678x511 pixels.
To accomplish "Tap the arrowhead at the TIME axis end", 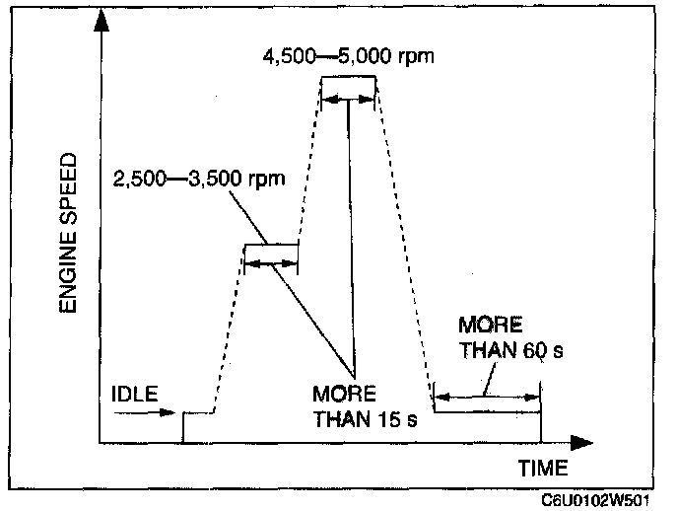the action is pos(582,442).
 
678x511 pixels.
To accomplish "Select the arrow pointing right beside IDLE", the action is pos(148,412).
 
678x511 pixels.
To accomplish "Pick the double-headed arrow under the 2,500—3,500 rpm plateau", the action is pos(270,262).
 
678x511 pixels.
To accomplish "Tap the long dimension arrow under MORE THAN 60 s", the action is pos(487,397).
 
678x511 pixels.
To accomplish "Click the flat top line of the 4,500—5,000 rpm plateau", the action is pos(350,76).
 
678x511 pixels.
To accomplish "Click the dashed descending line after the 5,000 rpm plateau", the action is pos(404,237).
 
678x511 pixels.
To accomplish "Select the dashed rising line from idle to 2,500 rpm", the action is pos(230,326).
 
